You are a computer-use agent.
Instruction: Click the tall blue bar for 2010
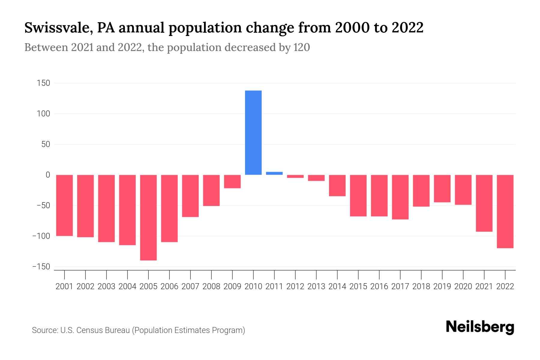(x=253, y=133)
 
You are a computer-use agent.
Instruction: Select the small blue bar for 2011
(x=274, y=173)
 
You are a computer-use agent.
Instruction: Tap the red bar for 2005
(x=148, y=217)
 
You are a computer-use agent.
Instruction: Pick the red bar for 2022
(x=505, y=211)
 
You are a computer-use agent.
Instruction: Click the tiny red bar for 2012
(x=295, y=176)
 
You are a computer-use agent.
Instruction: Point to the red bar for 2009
(x=232, y=181)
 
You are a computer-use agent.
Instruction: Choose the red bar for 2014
(x=337, y=185)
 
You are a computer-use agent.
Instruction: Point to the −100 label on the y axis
(x=41, y=236)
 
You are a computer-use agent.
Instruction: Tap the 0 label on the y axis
(x=48, y=175)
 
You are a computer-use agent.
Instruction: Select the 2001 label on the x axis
(x=64, y=286)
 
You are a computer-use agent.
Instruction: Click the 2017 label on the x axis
(x=400, y=286)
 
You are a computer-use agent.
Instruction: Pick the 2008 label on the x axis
(x=211, y=286)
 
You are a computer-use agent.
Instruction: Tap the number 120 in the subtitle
(x=301, y=47)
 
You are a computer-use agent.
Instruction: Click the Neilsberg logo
(x=480, y=327)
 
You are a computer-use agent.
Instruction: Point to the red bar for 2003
(x=106, y=208)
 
